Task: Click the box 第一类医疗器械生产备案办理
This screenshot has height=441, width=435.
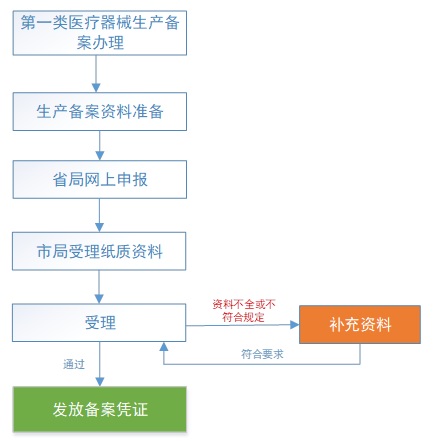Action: (x=99, y=32)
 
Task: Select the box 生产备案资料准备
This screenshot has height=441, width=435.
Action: (x=99, y=111)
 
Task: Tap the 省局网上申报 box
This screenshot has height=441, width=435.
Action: (x=99, y=180)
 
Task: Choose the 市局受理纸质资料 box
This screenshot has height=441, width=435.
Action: (x=99, y=251)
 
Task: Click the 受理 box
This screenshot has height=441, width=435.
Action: (x=99, y=322)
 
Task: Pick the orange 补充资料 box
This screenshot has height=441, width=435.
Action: (x=359, y=324)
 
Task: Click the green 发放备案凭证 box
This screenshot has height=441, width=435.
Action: (x=99, y=409)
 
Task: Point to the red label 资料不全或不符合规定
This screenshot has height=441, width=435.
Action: (x=243, y=310)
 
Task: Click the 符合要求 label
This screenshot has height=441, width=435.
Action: (x=262, y=354)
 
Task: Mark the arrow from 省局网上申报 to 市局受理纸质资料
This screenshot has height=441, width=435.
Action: (x=99, y=215)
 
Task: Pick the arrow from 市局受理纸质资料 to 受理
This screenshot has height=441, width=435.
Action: (x=99, y=287)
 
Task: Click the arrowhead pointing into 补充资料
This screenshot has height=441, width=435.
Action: (x=294, y=324)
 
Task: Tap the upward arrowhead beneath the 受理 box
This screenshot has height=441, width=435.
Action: (x=164, y=348)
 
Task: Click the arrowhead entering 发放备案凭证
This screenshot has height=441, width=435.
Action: (x=99, y=381)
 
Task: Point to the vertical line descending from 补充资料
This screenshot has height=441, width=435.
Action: (x=360, y=353)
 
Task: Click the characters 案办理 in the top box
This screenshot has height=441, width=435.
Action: (x=100, y=42)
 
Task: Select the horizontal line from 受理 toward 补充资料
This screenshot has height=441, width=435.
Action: (x=240, y=324)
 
